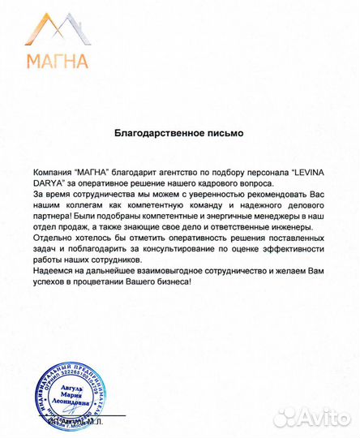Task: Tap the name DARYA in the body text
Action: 49,184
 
